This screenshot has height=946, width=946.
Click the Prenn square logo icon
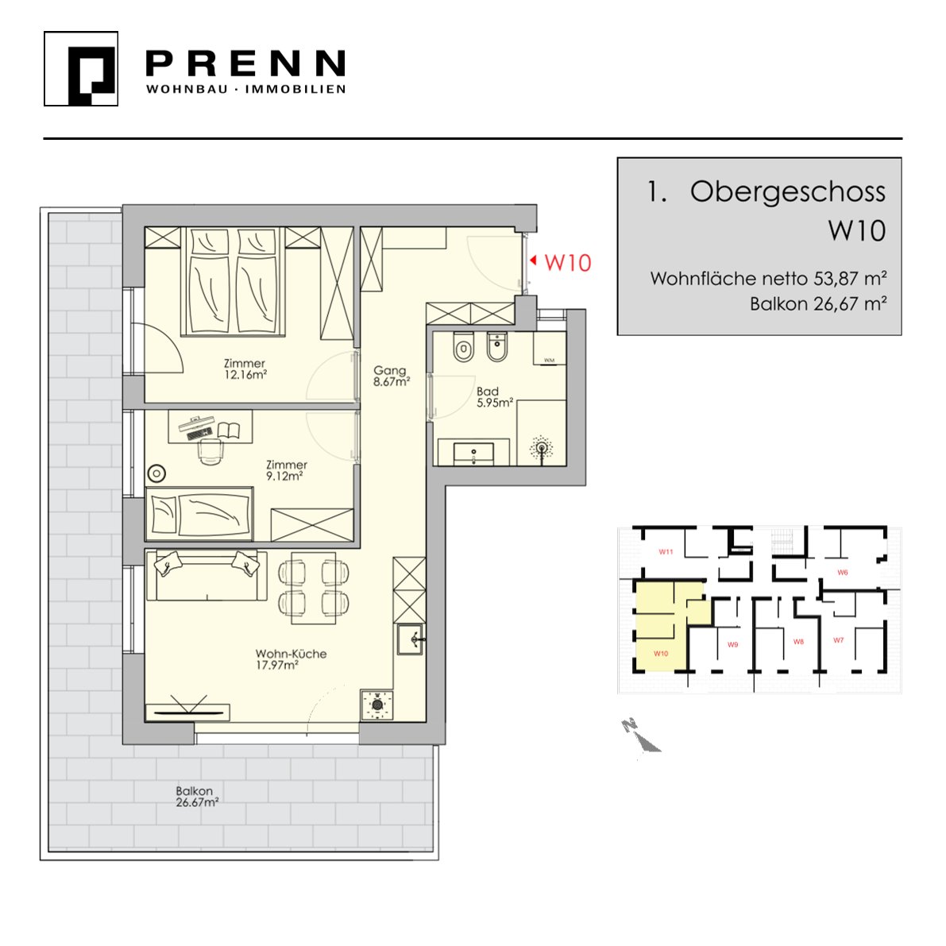[81, 69]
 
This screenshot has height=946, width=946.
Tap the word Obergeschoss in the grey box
[787, 192]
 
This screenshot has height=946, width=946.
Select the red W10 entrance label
[568, 263]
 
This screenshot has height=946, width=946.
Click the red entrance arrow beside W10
[533, 261]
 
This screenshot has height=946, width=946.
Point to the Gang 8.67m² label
[391, 375]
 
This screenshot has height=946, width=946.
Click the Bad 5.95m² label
[494, 397]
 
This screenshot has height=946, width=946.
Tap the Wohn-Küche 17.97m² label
[290, 658]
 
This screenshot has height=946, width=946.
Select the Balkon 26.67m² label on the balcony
[197, 797]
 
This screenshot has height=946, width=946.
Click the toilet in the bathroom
[463, 346]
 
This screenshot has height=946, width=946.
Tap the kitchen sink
[411, 639]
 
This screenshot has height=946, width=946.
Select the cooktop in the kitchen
[377, 705]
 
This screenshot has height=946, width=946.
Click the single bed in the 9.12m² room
[199, 513]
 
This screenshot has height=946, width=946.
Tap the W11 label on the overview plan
[666, 551]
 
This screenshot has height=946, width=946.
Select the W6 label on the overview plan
[843, 572]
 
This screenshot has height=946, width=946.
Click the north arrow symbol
[641, 736]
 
